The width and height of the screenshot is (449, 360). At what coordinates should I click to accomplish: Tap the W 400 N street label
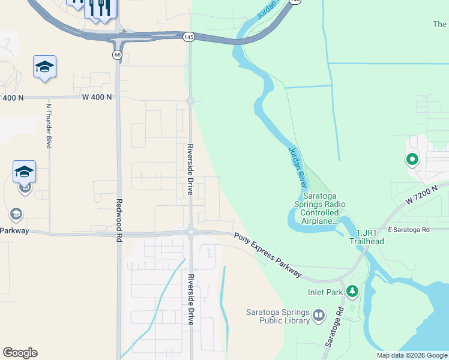click(97, 97)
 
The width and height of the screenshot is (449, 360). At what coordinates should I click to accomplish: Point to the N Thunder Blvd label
click(49, 125)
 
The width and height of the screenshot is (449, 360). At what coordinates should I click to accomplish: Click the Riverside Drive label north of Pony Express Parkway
click(190, 169)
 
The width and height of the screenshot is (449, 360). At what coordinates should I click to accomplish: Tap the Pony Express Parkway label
click(268, 255)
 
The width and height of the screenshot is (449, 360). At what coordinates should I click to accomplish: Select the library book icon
click(318, 315)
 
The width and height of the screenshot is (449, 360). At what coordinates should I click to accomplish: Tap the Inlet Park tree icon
click(352, 292)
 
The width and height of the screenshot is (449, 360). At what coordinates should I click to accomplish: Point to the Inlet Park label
click(325, 293)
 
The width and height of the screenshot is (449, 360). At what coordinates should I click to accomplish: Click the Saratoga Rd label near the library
click(334, 327)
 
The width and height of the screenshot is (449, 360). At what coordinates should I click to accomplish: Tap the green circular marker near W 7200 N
click(412, 160)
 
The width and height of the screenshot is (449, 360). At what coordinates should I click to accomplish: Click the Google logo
click(20, 353)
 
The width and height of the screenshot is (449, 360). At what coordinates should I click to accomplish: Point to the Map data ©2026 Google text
click(412, 355)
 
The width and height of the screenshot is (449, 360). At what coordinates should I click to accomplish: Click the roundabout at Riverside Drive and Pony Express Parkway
click(190, 232)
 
